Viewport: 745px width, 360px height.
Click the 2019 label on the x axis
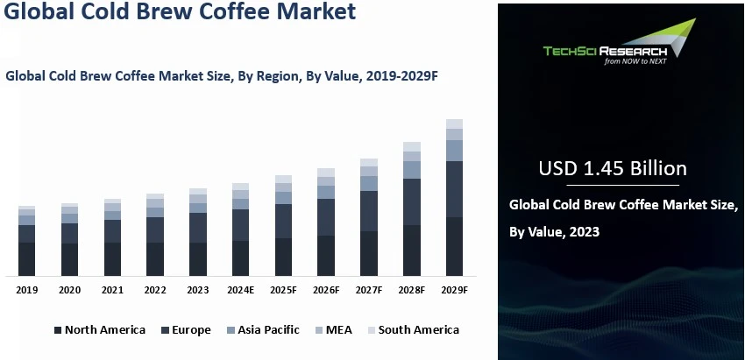[27, 290]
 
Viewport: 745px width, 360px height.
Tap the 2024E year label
[240, 290]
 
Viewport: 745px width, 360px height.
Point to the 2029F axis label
[454, 290]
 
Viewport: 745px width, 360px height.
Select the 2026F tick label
[326, 290]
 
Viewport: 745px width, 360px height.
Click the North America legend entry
[99, 330]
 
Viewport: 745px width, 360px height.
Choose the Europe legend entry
[185, 330]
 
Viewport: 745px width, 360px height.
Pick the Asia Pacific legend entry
[262, 330]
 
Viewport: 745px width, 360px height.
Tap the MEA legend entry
[333, 330]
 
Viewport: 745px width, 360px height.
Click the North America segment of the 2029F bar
[454, 246]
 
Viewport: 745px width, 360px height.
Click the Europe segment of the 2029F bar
[454, 188]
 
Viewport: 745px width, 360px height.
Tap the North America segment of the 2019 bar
[27, 258]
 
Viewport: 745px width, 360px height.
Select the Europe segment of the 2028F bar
[411, 201]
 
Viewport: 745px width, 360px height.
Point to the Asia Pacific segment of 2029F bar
[454, 150]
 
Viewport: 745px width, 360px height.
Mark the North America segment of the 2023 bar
[198, 258]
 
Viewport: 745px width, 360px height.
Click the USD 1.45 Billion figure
[614, 168]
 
